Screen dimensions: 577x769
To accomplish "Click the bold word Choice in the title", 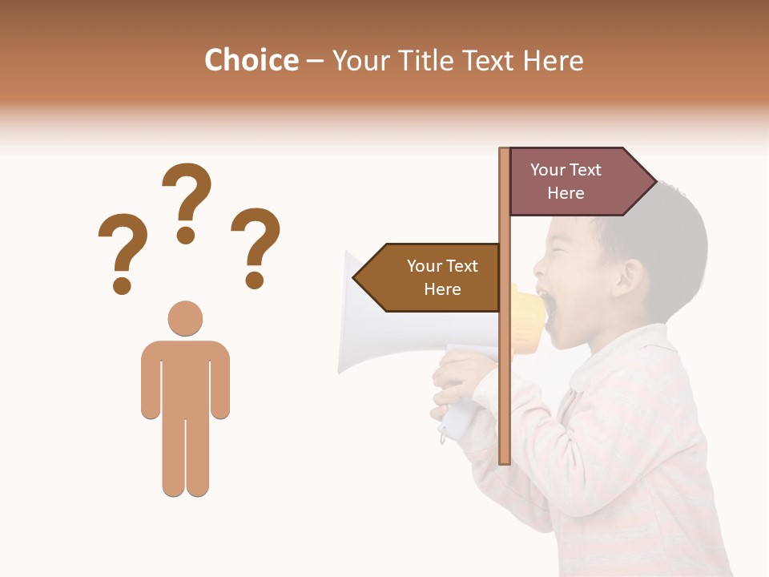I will (x=251, y=60).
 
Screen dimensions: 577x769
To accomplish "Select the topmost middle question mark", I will (x=187, y=200).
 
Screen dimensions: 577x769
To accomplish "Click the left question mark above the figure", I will (x=122, y=251).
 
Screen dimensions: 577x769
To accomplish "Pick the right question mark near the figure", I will (x=256, y=245).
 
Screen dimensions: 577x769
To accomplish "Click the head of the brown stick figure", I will (x=185, y=318).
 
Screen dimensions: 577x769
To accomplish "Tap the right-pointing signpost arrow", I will (x=577, y=182).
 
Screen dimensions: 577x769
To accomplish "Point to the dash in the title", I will (x=315, y=62).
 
